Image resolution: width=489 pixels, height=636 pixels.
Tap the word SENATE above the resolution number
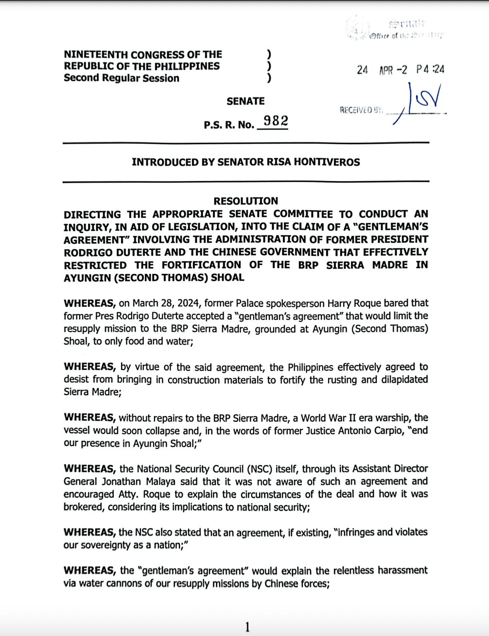tap(245, 101)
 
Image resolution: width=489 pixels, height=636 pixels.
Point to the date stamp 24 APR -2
tap(382, 70)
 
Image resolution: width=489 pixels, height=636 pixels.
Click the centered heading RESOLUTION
tap(246, 201)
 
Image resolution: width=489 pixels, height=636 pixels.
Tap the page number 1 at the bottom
tap(247, 627)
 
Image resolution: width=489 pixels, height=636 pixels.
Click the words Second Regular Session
tap(122, 78)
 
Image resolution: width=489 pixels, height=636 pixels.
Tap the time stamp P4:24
tap(430, 69)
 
